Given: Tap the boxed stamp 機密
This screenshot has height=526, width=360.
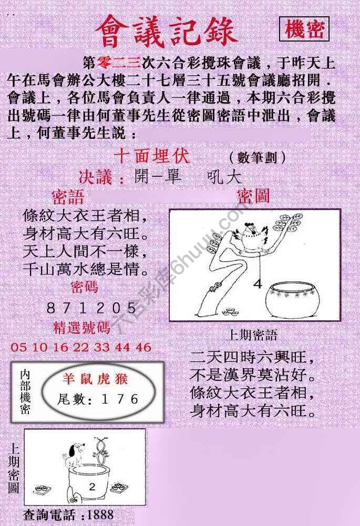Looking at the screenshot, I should [x=304, y=30].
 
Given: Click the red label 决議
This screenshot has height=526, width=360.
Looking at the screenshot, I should [x=101, y=177].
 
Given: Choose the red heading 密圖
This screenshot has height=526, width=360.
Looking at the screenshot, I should [x=253, y=197].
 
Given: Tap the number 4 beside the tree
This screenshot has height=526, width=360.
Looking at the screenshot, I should [x=258, y=285].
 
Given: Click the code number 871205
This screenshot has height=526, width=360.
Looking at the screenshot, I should [x=92, y=308].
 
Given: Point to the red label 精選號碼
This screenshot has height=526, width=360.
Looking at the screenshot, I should [x=83, y=328].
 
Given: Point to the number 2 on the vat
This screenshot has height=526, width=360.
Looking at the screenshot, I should [x=92, y=487].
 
